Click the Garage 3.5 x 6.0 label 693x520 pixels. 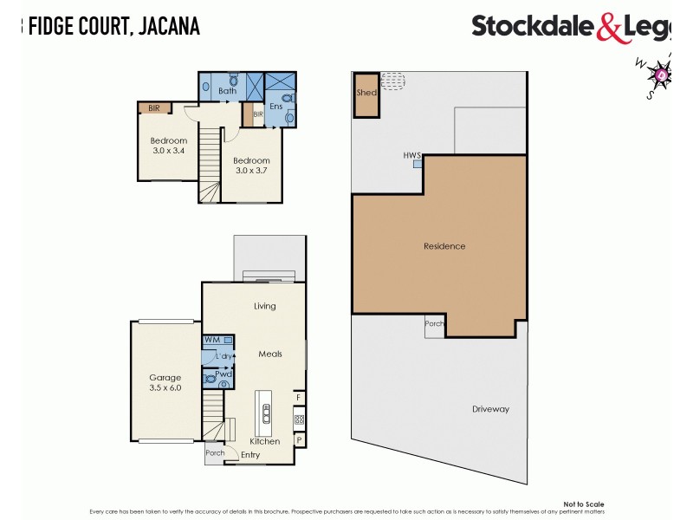coord(165,382)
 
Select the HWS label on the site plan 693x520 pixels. coord(411,155)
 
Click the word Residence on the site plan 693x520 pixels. coord(444,246)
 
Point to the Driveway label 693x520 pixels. coord(490,409)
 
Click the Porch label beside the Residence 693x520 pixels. coord(434,324)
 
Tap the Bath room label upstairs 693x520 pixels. coord(228,91)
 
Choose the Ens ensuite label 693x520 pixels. coord(276,106)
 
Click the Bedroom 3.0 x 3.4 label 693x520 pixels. coord(168,146)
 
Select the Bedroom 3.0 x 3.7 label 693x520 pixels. coord(252,166)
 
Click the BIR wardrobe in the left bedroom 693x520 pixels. coord(154,108)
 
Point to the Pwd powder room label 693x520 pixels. coord(211,374)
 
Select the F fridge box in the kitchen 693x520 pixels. coord(299,398)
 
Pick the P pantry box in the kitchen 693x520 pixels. coord(299,439)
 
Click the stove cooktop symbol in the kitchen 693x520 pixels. coord(299,419)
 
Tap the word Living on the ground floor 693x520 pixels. coord(264,306)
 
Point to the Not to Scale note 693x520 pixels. coord(583,504)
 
